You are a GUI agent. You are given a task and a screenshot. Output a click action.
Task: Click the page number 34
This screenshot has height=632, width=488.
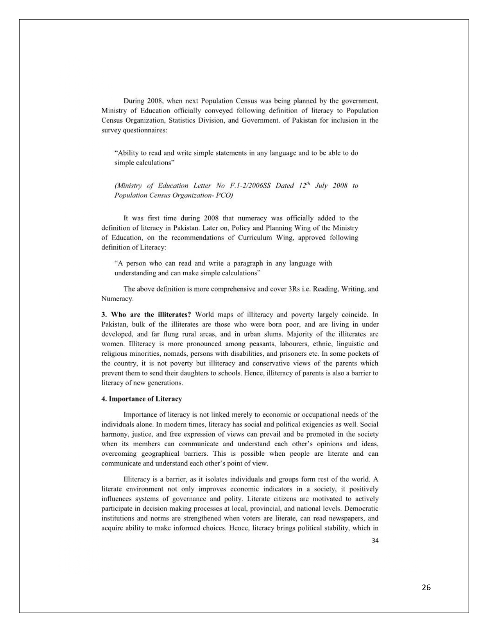(375, 541)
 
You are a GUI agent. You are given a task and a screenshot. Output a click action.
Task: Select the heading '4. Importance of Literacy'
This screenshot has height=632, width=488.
(142, 399)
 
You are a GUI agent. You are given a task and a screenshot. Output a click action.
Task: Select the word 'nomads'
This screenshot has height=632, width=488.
(165, 354)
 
